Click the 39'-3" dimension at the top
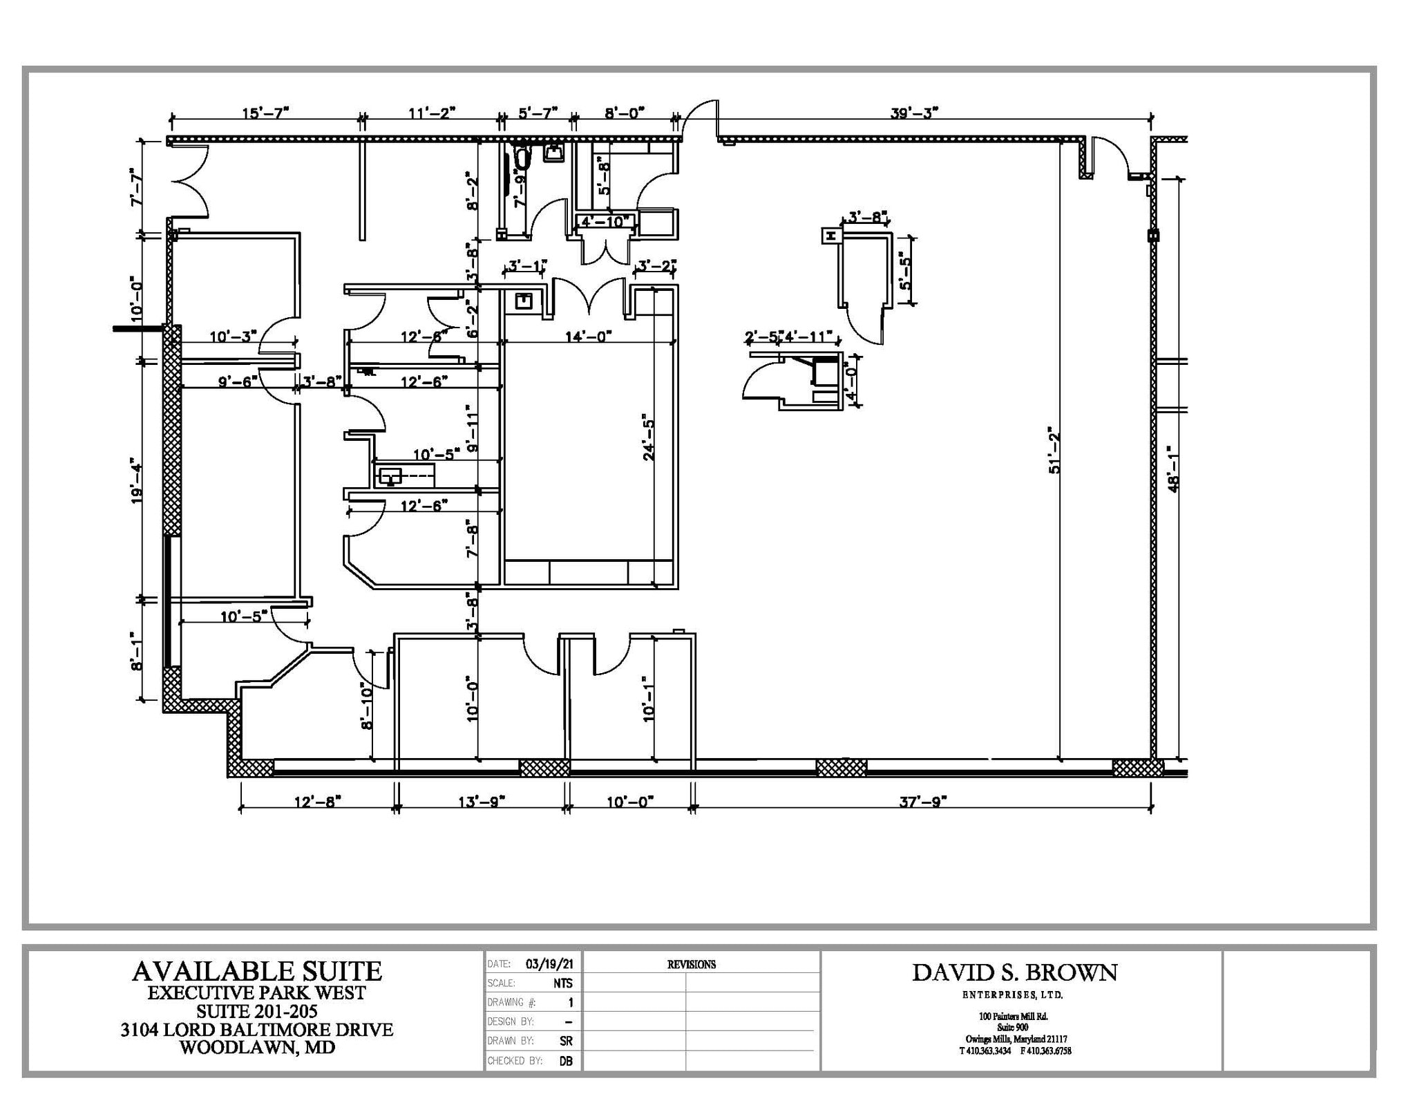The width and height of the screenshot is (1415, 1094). coord(914,113)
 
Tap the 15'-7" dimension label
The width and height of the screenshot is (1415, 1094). coord(265,113)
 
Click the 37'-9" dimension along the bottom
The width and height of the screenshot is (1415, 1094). coord(922,802)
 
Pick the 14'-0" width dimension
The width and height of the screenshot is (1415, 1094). coord(588,337)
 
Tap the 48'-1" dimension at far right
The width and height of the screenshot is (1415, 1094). coord(1173,469)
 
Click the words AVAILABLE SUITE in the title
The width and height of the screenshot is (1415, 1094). coord(256,971)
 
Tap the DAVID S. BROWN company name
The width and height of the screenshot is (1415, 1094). coord(1014,972)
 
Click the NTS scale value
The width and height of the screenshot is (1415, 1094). coord(562,983)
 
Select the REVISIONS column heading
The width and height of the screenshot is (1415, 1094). coord(691,965)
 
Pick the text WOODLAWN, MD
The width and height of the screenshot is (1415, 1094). coord(257,1048)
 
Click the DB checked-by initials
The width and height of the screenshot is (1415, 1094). coord(566,1061)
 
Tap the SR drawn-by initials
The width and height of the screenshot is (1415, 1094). coord(565,1041)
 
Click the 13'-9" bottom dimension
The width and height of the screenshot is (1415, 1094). coord(482,802)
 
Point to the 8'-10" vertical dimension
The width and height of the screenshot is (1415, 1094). coord(367,706)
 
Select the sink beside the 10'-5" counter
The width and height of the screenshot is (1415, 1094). coord(390,476)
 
